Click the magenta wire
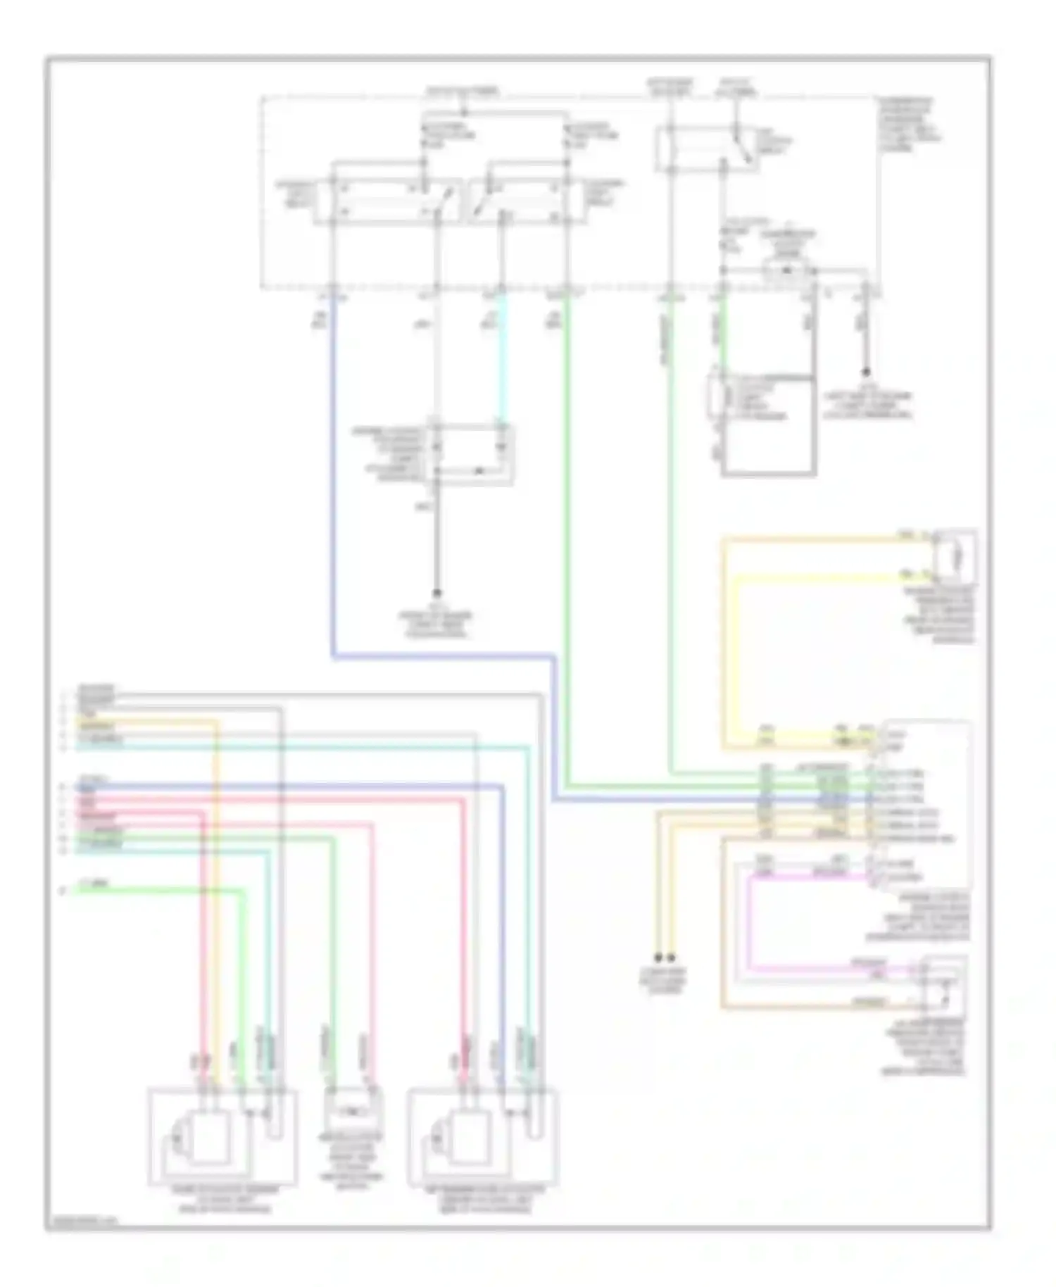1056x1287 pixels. pyautogui.click(x=749, y=922)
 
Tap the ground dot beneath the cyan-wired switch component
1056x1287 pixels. pyautogui.click(x=436, y=593)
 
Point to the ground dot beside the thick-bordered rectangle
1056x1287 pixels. pyautogui.click(x=867, y=372)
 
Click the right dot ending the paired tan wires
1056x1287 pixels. pyautogui.click(x=672, y=958)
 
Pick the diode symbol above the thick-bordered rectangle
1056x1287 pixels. pyautogui.click(x=787, y=270)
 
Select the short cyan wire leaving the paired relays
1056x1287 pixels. pyautogui.click(x=501, y=359)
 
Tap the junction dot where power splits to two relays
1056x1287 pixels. pyautogui.click(x=463, y=113)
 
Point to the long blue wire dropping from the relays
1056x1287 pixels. pyautogui.click(x=332, y=479)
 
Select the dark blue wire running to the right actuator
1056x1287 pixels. pyautogui.click(x=502, y=915)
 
